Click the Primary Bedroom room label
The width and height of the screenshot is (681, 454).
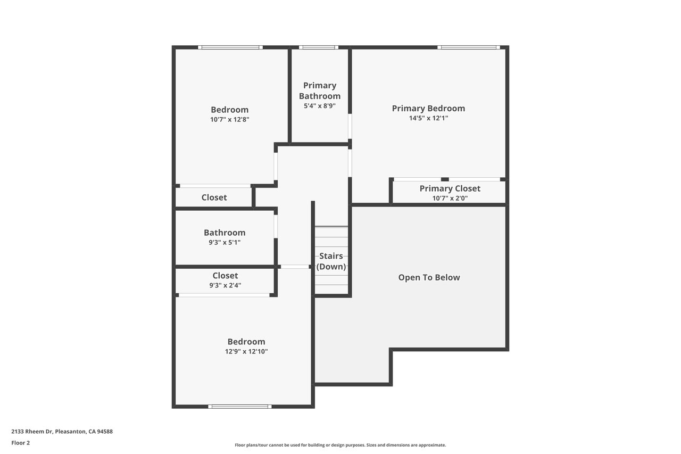pos(428,108)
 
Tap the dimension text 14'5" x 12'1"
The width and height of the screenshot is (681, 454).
pos(428,118)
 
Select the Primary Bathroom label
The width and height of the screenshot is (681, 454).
pos(320,90)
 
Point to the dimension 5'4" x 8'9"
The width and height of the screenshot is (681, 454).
pos(320,106)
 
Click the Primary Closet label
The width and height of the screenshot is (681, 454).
pos(450,188)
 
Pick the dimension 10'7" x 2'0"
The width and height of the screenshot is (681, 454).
pos(450,199)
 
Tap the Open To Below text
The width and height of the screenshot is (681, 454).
pos(429,277)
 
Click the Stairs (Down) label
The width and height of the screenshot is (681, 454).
pos(331,261)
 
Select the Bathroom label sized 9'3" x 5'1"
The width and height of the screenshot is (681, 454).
pos(225,233)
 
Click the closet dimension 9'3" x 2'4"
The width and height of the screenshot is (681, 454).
pos(225,285)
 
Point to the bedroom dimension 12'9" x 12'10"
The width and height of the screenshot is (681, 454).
pos(246,351)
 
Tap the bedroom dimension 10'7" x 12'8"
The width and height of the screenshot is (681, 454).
pos(229,120)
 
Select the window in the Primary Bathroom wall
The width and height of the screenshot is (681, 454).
pos(318,47)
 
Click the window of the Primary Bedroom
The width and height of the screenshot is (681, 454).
pos(469,47)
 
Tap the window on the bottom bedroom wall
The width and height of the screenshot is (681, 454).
pos(240,407)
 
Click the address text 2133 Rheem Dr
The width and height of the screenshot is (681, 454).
pos(32,432)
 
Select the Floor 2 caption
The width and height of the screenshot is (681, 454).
pos(21,443)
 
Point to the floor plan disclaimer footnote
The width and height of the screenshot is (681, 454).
pos(340,445)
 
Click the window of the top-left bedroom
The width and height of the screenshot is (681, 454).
pos(230,47)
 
